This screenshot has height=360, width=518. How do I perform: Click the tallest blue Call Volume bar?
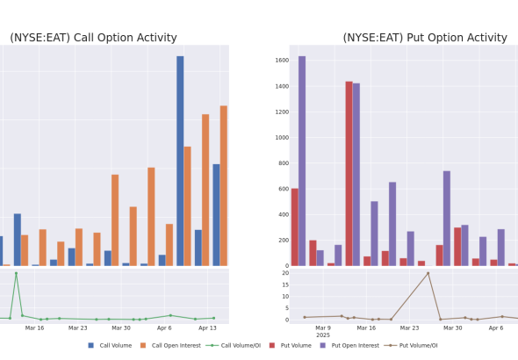pos(180,161)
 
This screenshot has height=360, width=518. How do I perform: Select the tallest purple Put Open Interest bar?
pos(302,161)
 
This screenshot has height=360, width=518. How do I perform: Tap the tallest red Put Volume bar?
pos(349,174)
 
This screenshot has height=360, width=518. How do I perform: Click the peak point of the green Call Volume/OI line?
pos(16,273)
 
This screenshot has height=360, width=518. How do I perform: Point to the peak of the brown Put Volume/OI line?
pos(428,273)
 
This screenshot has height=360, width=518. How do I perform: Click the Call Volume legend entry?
pos(110,345)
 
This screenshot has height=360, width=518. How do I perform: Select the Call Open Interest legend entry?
pos(170,345)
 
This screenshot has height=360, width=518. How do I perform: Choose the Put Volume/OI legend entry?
pos(411,345)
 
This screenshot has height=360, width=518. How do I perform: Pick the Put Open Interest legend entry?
pos(349,345)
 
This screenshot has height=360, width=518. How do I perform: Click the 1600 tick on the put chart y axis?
pos(282,61)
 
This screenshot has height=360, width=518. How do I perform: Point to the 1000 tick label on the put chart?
pos(282,138)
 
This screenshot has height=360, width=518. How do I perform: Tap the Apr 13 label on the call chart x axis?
pos(207,328)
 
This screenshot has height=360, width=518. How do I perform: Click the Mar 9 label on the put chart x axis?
pos(323,328)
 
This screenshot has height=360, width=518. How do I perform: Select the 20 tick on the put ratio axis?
pos(285,273)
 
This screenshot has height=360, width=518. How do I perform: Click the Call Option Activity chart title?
pos(93,38)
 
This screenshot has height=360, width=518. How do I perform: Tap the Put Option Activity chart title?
pos(425,38)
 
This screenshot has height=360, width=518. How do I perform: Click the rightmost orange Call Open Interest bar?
pos(224,185)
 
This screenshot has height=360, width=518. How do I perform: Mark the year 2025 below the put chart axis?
pos(323,335)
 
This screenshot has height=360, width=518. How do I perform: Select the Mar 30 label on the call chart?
pos(121,328)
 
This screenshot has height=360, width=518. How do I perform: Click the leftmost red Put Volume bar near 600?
pos(295,227)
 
